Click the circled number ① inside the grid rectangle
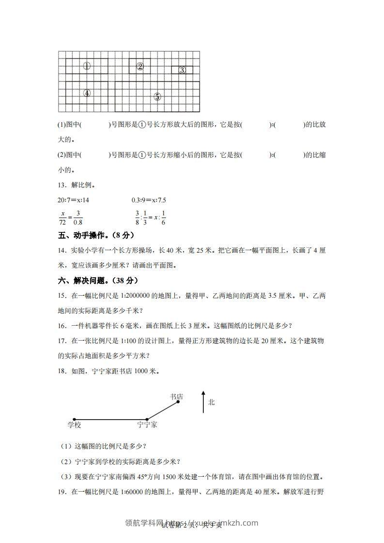tap(87, 66)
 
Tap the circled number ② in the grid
tap(140, 66)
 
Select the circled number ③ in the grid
tap(182, 70)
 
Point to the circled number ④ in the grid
tap(87, 93)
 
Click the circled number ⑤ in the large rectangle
tap(157, 96)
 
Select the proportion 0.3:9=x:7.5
tap(149, 199)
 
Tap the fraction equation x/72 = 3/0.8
tap(71, 219)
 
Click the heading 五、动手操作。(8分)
tap(95, 236)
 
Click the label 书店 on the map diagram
tap(176, 397)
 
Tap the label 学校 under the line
tap(74, 425)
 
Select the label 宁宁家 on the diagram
tap(147, 425)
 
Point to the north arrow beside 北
tap(203, 402)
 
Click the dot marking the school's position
tap(74, 419)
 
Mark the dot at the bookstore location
tap(179, 402)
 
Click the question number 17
tap(61, 341)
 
